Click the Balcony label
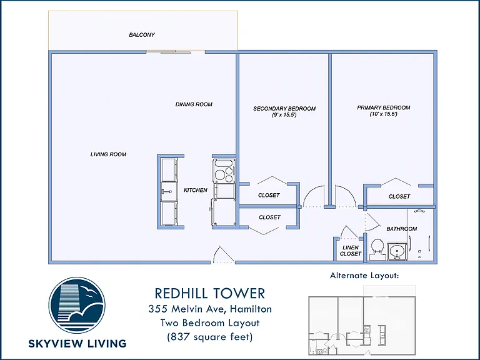click(x=142, y=35)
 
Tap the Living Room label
click(x=108, y=154)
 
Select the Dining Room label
click(x=194, y=104)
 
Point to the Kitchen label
click(x=196, y=190)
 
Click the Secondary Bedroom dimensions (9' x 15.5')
click(x=284, y=115)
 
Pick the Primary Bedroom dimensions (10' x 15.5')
click(x=384, y=114)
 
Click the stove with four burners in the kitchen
click(x=224, y=171)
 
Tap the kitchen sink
click(x=169, y=192)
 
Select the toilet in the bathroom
click(x=377, y=249)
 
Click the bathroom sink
click(x=397, y=252)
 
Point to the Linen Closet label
click(x=351, y=251)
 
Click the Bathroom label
click(x=402, y=229)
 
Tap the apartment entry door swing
click(x=223, y=255)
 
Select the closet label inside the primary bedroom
click(x=399, y=196)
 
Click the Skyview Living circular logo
click(x=77, y=305)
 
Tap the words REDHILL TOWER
click(x=210, y=293)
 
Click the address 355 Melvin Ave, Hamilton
click(x=210, y=309)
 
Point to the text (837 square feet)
click(x=210, y=337)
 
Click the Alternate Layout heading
click(x=364, y=276)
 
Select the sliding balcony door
click(x=168, y=52)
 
